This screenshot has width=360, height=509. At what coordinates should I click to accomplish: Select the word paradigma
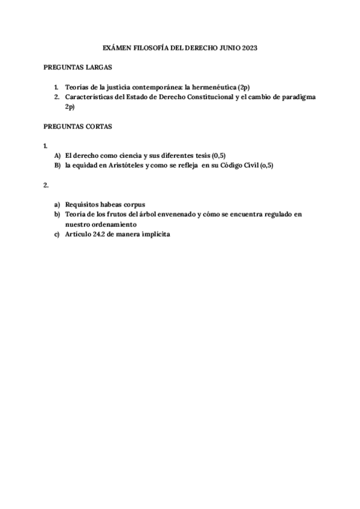coord(296,97)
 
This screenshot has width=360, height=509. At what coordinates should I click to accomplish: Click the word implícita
coord(154,234)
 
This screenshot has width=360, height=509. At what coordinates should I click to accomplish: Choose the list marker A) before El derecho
coord(58,155)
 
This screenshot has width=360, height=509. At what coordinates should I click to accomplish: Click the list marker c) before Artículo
coord(58,234)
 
